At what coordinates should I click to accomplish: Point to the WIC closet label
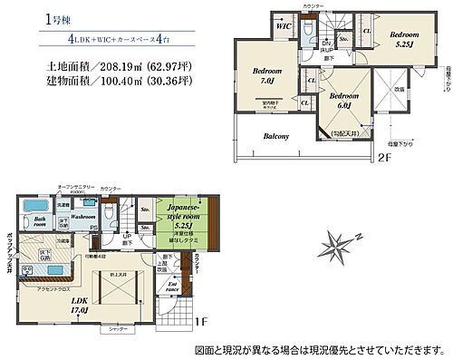coord(283,26)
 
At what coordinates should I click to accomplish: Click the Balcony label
coord(276,137)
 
